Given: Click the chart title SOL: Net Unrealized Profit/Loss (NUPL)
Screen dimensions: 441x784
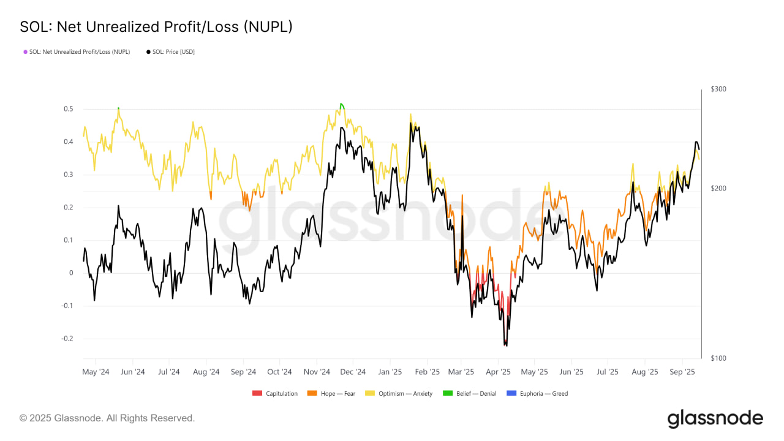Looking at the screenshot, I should [x=156, y=27].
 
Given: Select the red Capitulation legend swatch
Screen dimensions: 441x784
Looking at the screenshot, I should [x=257, y=393].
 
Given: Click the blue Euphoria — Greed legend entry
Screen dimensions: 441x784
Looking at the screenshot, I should [x=543, y=393].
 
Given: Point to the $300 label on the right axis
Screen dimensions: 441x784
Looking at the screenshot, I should [x=718, y=89].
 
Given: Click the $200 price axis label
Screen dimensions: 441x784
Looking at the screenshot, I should [x=718, y=188].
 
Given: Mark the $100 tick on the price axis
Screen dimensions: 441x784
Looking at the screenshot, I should [x=718, y=358].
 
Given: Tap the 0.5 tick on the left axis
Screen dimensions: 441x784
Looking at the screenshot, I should [x=69, y=109].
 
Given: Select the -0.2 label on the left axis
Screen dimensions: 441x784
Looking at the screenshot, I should [x=67, y=339].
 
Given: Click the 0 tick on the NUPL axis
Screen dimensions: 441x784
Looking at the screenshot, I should [x=71, y=273].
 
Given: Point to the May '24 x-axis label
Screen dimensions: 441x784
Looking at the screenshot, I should [x=96, y=372].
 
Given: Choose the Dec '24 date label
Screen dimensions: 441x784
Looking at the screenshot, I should [x=353, y=372].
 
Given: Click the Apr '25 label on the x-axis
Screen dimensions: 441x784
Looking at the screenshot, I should [x=498, y=372].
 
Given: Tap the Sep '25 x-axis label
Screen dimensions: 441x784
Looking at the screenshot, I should [x=682, y=372].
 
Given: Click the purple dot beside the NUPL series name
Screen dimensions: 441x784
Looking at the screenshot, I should [x=25, y=52].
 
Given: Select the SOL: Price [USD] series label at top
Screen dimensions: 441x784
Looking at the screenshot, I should [x=173, y=52].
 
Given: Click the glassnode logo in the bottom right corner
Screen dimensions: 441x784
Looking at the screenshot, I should [x=715, y=419].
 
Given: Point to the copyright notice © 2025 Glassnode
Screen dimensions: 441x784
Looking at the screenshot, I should [x=107, y=418].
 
